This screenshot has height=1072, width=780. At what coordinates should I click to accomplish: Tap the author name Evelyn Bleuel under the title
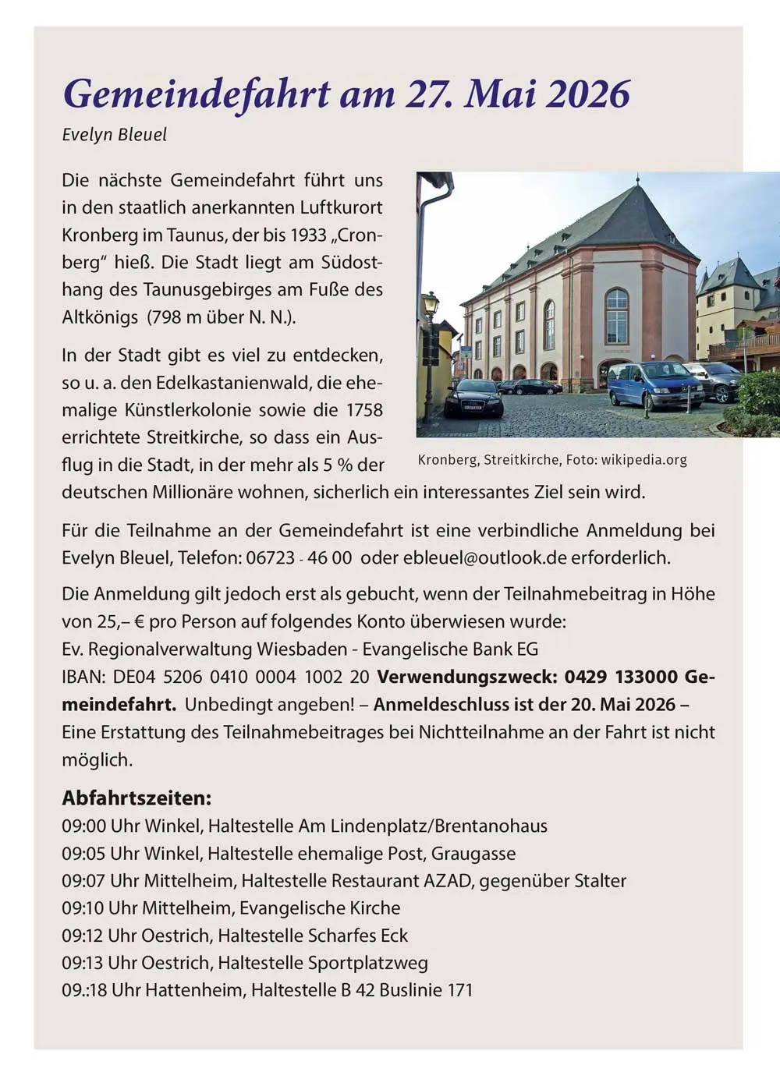click(x=114, y=134)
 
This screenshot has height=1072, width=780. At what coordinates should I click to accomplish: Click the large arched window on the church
click(x=616, y=316)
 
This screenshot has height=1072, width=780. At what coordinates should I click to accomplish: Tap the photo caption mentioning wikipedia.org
click(x=552, y=459)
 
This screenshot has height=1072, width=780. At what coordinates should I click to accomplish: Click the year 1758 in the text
click(x=364, y=409)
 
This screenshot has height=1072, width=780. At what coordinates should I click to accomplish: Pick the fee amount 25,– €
click(x=114, y=621)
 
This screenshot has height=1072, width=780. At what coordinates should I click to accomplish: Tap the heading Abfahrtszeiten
click(x=136, y=798)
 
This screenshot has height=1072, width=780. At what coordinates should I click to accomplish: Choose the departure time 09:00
click(x=83, y=826)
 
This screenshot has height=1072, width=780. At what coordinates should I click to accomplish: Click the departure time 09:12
click(x=83, y=935)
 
